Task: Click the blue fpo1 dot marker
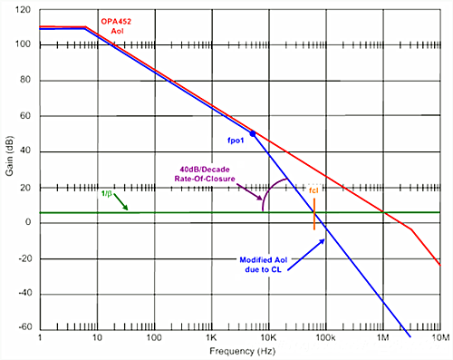(253, 133)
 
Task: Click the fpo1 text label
(236, 141)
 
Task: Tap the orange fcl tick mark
(314, 214)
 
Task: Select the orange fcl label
(313, 190)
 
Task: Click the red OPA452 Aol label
(116, 26)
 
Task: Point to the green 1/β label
(107, 193)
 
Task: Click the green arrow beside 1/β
(120, 202)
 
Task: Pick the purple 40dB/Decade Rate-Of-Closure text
(205, 174)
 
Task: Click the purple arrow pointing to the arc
(249, 191)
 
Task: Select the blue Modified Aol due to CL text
(264, 265)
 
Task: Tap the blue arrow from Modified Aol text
(306, 255)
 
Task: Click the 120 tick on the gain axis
(23, 10)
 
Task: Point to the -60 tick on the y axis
(25, 326)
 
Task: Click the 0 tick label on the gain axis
(28, 222)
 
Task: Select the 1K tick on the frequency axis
(211, 337)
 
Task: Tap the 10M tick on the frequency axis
(441, 337)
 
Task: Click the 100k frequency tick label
(325, 337)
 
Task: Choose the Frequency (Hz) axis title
(243, 351)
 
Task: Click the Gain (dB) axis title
(9, 156)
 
